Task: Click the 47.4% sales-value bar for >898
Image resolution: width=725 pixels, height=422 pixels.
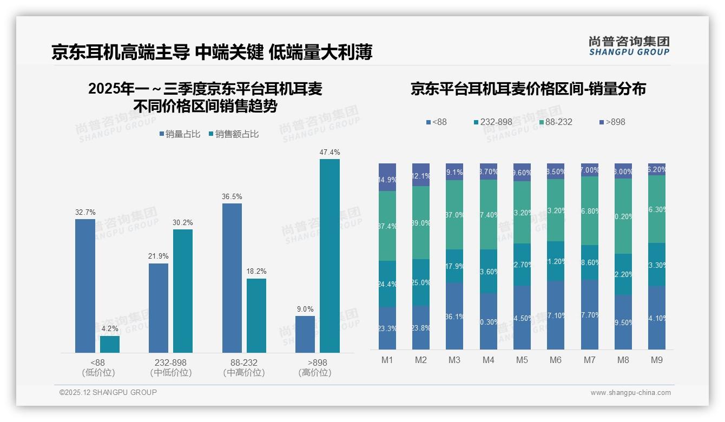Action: coord(329,255)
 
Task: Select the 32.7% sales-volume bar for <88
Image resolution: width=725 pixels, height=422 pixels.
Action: coord(85,286)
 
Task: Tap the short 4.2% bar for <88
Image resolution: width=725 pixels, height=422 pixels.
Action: coord(110,344)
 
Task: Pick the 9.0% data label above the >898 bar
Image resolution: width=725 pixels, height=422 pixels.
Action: coord(305,309)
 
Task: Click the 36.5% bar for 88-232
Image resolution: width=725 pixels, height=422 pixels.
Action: coord(232,278)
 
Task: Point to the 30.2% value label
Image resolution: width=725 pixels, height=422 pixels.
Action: coord(183,223)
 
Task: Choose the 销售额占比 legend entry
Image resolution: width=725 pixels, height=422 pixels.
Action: coord(233,134)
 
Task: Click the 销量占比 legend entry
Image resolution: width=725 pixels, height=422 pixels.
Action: coord(179,134)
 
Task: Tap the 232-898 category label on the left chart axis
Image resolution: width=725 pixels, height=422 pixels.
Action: coord(171,362)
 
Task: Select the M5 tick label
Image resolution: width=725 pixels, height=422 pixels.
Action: coord(522,360)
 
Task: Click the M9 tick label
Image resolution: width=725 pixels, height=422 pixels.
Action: coord(656,360)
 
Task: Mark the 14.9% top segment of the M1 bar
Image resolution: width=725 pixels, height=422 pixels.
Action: coord(387,177)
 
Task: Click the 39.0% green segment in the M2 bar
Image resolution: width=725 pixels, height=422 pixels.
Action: coord(421,222)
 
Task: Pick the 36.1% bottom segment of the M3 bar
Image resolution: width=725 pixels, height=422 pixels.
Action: coord(454,316)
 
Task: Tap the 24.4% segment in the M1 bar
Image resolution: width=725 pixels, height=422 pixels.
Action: coord(387,284)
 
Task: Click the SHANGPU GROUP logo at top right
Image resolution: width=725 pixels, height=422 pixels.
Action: coord(629,46)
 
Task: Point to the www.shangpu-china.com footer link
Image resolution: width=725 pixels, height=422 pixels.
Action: coord(630,393)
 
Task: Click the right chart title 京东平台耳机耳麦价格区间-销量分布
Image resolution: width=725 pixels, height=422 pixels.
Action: coord(528,89)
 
